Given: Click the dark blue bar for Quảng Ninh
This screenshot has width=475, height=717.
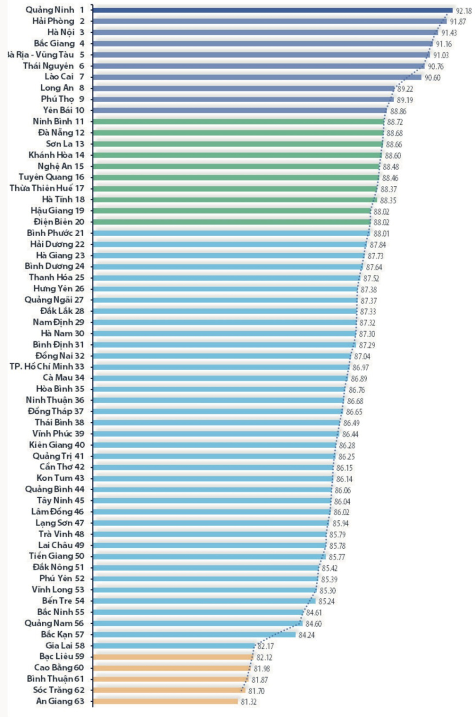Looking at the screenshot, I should click(x=272, y=10).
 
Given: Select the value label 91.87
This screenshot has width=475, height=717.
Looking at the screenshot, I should click(x=457, y=22).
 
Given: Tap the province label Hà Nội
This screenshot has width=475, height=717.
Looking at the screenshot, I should click(x=61, y=32).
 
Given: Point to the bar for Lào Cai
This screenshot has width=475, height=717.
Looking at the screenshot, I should click(x=257, y=77).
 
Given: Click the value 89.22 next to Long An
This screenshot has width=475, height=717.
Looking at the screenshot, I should click(x=405, y=89).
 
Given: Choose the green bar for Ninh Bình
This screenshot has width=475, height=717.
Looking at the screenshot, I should click(x=238, y=122).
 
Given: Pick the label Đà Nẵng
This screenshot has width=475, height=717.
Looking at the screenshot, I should click(x=56, y=132).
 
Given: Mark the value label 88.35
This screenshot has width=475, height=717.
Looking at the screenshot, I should click(x=388, y=200).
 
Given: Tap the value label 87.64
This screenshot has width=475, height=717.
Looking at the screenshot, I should click(x=374, y=267).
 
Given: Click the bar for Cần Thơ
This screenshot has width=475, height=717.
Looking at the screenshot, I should click(x=213, y=467).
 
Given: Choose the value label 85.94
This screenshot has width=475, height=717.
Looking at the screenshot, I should click(x=340, y=523).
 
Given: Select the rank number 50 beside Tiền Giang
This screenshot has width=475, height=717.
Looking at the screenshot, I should click(x=79, y=556).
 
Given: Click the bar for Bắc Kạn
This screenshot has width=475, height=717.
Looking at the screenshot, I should click(x=194, y=635).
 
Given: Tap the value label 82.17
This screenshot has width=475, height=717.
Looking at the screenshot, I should click(x=266, y=646).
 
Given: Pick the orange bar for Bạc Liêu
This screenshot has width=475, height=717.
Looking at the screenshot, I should click(x=173, y=657).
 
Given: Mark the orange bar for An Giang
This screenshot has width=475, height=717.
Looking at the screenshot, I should click(x=165, y=702).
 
